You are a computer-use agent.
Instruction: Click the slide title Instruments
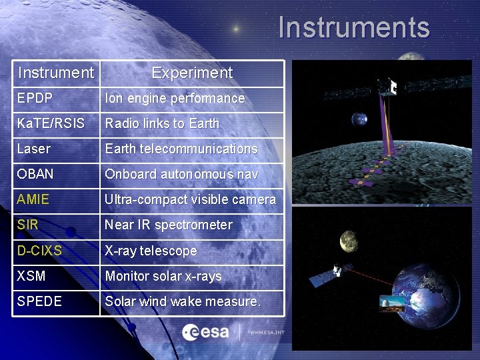[x=354, y=27]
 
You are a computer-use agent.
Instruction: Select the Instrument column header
[x=56, y=73]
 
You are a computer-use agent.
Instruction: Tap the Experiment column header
[x=192, y=73]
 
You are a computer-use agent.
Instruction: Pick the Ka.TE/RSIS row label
[x=51, y=123]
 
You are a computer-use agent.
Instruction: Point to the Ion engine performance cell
[x=175, y=98]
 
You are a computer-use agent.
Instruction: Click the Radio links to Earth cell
[x=162, y=123]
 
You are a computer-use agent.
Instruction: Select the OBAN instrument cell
[x=37, y=174]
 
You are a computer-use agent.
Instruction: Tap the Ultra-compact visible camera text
[x=190, y=199]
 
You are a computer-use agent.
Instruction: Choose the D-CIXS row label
[x=39, y=251]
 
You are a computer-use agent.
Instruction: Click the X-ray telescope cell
[x=151, y=251]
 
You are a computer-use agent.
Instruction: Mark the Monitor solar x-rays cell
[x=163, y=276]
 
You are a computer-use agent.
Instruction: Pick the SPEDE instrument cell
[x=39, y=301]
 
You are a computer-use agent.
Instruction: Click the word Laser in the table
[x=34, y=149]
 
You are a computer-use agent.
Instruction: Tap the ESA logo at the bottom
[x=206, y=331]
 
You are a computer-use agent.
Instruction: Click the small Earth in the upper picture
[x=360, y=119]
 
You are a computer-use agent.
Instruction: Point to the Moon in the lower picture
[x=349, y=241]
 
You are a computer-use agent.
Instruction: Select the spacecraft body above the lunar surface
[x=386, y=87]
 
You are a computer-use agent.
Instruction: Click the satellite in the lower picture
[x=340, y=271]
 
